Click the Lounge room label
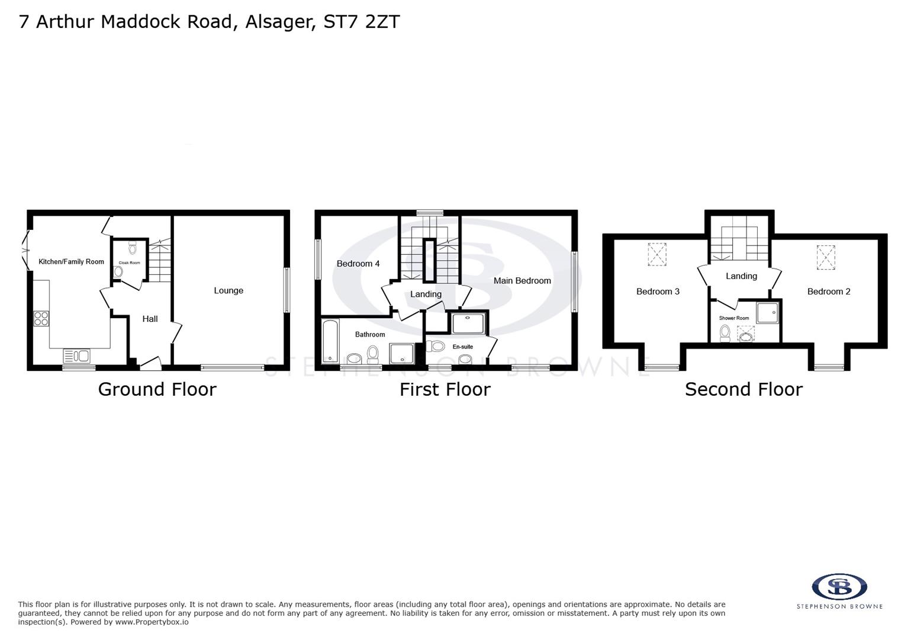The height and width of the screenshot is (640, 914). [228, 290]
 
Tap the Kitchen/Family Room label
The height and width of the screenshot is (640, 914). [71, 261]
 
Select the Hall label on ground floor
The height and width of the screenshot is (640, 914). [150, 319]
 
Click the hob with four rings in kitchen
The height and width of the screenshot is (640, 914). [41, 319]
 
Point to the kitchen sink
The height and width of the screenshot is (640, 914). [77, 356]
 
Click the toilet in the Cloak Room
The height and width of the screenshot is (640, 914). [132, 248]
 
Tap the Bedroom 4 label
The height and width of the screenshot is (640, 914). [358, 264]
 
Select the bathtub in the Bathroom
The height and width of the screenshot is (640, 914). [330, 341]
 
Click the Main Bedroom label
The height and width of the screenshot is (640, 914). [522, 281]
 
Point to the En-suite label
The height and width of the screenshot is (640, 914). [462, 347]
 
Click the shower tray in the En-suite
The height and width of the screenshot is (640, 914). [468, 324]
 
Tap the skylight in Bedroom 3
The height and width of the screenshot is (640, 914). [657, 255]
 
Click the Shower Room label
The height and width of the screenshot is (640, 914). [734, 318]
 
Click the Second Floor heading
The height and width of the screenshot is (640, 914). [744, 389]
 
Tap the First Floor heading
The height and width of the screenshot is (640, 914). [445, 389]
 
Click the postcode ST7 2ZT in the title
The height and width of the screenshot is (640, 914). [362, 21]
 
